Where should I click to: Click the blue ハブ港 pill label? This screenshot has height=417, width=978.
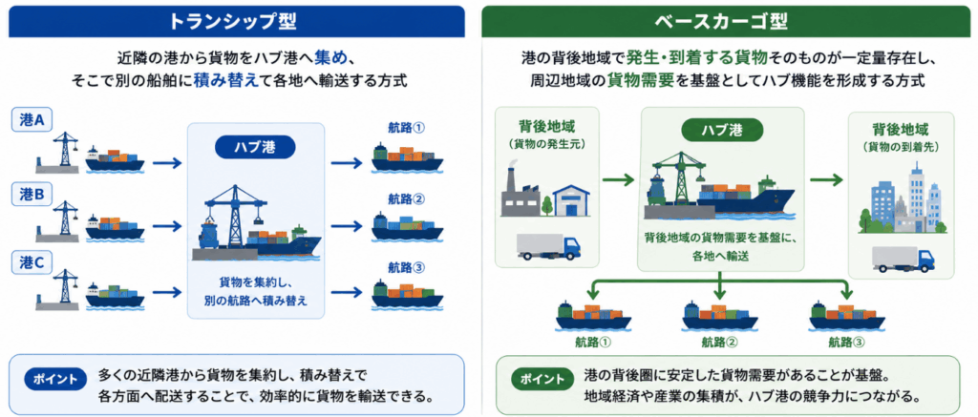[x=255, y=147]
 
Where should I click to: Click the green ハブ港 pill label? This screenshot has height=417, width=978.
[x=720, y=131]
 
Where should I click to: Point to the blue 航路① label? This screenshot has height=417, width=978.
[x=406, y=128]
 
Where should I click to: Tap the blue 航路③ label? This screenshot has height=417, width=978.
[x=406, y=267]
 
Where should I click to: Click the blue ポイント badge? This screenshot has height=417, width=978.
[x=56, y=379]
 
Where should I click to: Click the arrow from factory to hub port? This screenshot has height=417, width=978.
[x=618, y=180]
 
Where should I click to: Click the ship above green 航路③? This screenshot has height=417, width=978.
[x=846, y=316]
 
